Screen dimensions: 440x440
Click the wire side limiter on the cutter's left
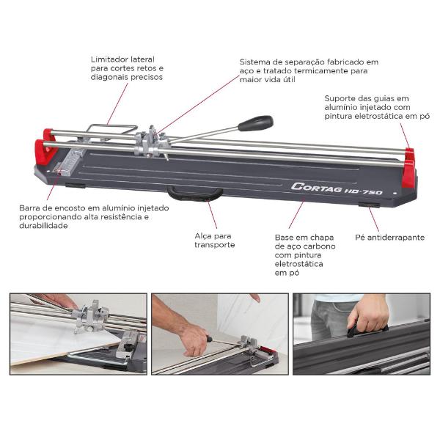coord(103,131)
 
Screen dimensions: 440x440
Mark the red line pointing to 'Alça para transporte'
coord(211,214)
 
